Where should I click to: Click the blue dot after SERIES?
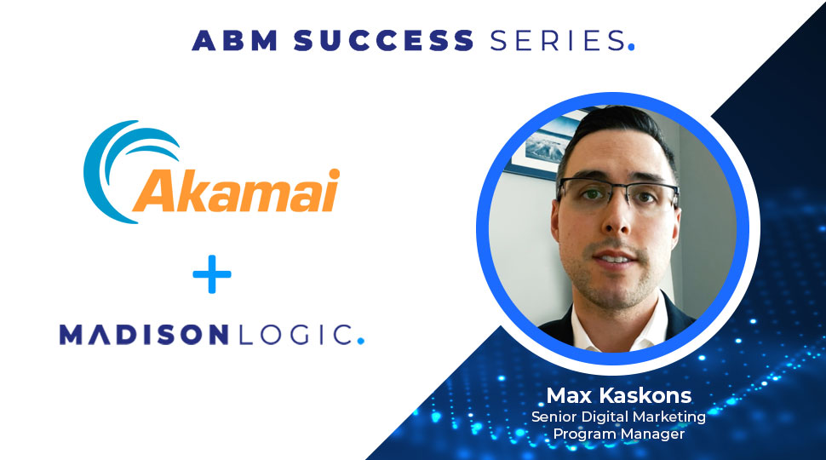[x=631, y=48]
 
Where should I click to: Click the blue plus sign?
[x=211, y=277]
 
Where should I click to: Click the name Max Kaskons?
[x=618, y=397]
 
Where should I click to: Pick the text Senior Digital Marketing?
[x=618, y=417]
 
